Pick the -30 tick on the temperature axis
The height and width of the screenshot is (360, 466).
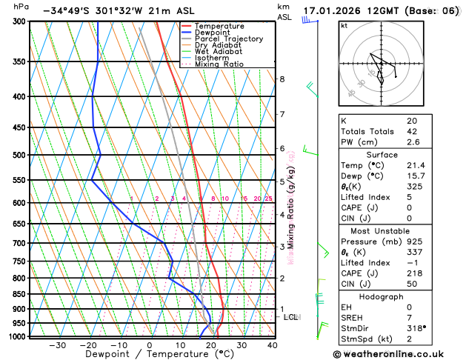(x=57, y=345)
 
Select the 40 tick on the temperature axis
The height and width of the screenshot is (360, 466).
(x=272, y=345)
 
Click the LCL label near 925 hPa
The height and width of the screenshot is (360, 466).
(x=290, y=317)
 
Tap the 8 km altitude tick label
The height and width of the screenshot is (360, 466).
(x=282, y=79)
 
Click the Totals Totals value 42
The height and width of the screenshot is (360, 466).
(x=412, y=131)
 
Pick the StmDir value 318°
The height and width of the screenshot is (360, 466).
(x=416, y=327)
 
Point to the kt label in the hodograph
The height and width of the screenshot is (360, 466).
(x=344, y=25)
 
